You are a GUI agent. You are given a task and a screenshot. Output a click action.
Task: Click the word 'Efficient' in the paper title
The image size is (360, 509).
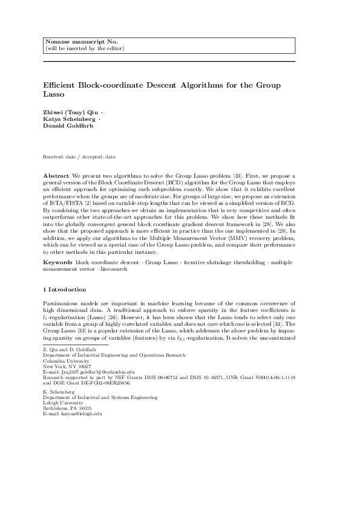click(x=61, y=86)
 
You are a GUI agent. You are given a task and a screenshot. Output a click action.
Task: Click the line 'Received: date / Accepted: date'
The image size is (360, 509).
click(x=79, y=157)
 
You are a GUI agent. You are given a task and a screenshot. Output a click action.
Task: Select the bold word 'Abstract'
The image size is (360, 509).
click(x=57, y=175)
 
